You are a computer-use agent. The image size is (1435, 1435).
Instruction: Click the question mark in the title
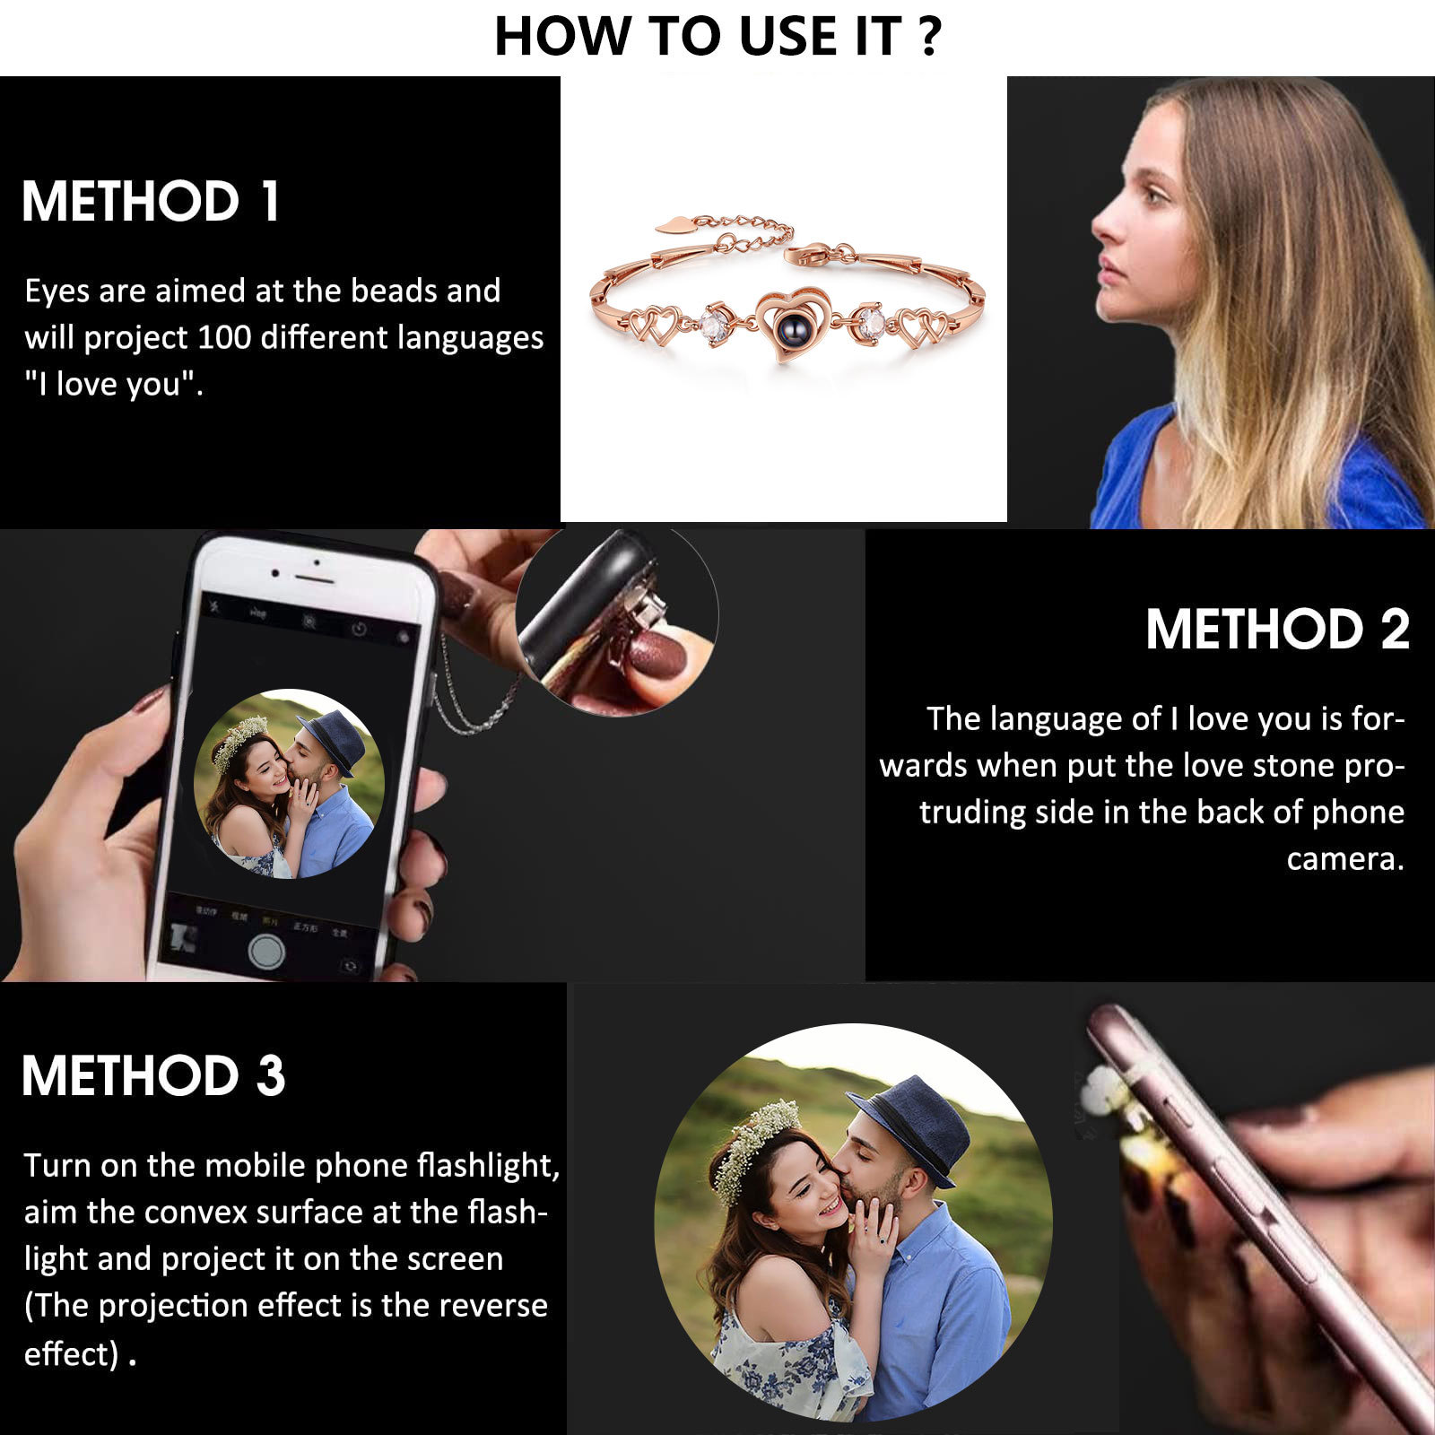click(x=929, y=36)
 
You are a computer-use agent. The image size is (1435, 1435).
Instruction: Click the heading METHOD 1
click(x=151, y=201)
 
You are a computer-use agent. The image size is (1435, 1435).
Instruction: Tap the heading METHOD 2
click(x=1277, y=629)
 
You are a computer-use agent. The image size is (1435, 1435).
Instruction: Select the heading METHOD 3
click(x=153, y=1075)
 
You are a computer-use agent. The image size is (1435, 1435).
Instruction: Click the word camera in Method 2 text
click(x=1344, y=859)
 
